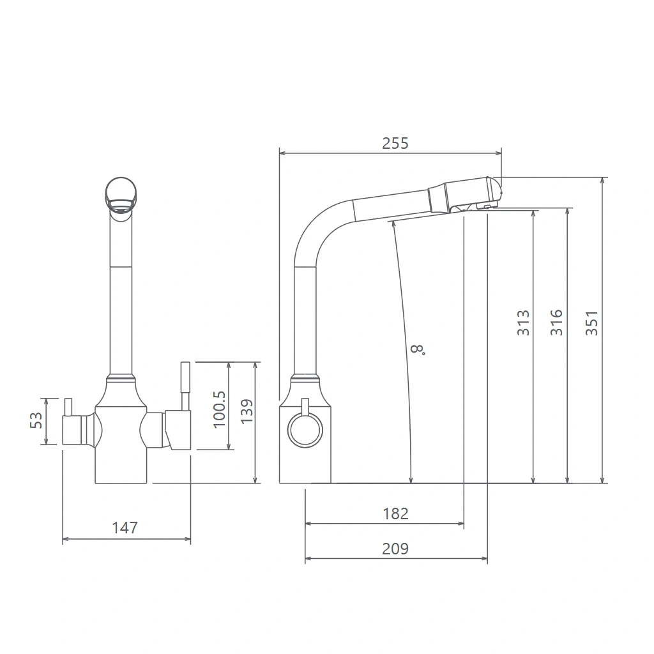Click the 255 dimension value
[395, 144]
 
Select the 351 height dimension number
[592, 323]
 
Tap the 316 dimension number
[556, 323]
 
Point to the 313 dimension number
[523, 323]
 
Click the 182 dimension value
[395, 513]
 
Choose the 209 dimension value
[395, 549]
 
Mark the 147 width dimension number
[125, 528]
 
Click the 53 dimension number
[36, 420]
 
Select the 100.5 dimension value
[219, 409]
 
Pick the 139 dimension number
[247, 411]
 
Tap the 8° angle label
[418, 349]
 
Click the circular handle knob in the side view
[305, 430]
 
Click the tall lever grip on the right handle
[185, 377]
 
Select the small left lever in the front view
[68, 407]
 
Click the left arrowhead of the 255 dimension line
[282, 153]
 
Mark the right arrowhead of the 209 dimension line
[484, 558]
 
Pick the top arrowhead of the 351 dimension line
[602, 181]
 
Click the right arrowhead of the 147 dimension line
[187, 539]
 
